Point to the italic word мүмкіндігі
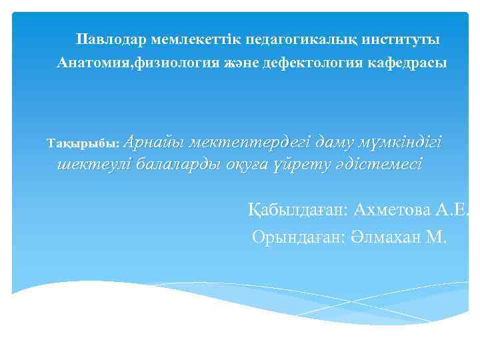(x=400, y=141)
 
